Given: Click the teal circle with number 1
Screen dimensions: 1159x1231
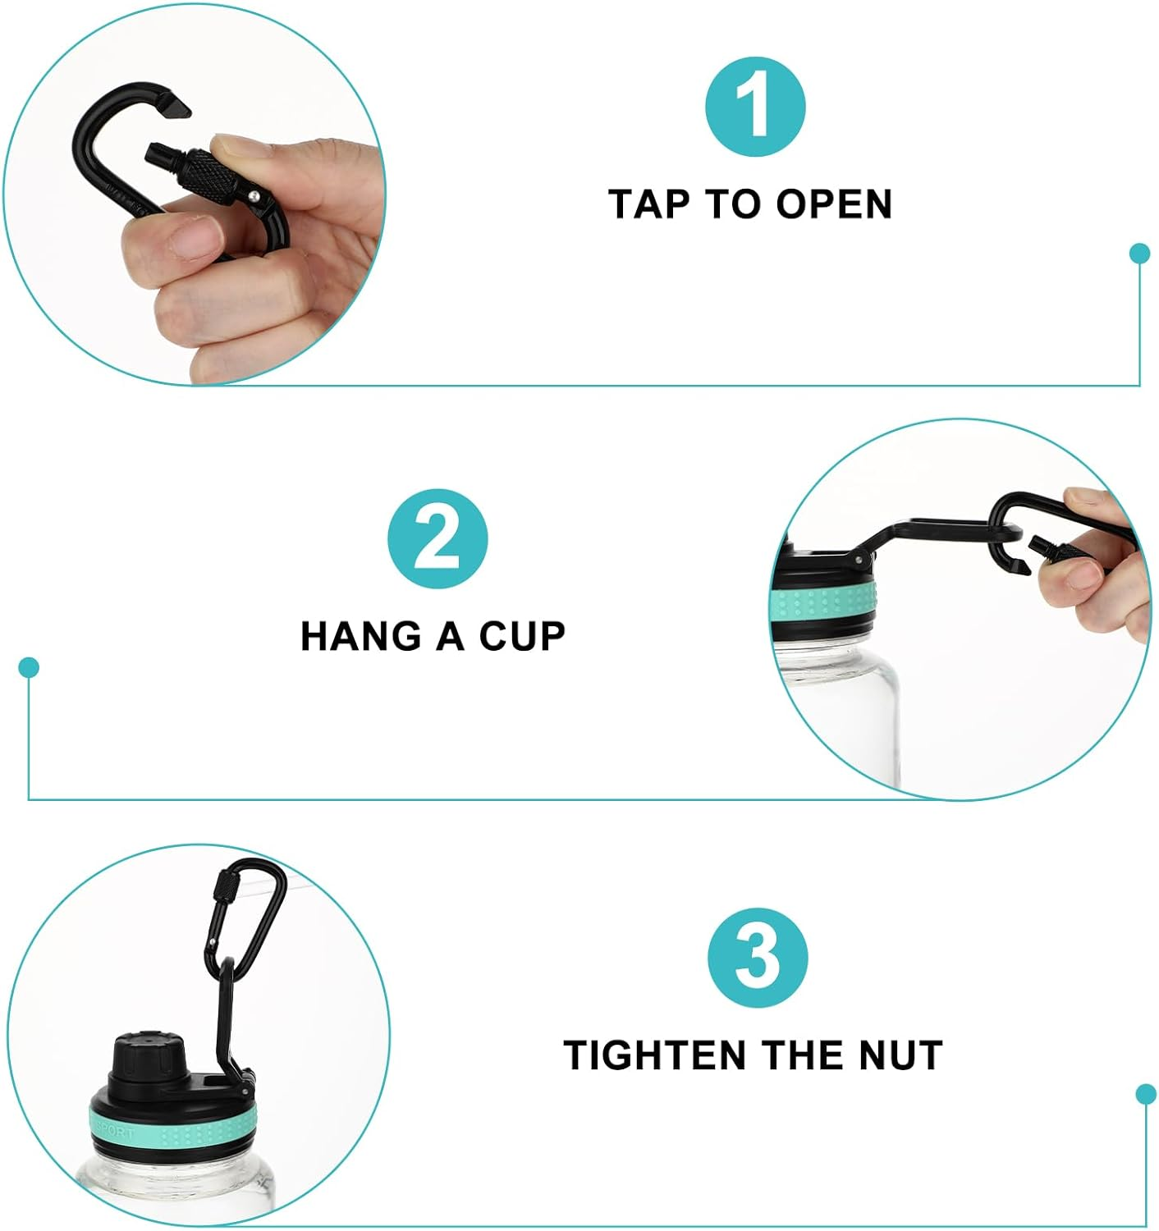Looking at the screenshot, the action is coord(754,107).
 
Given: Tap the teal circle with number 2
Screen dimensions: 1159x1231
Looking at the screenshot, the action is coord(437,538).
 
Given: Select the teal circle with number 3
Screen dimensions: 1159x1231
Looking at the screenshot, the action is coord(757,959).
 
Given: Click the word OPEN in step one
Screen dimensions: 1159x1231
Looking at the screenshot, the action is coord(834,204).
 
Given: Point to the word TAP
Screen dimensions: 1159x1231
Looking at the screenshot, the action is coord(648,204).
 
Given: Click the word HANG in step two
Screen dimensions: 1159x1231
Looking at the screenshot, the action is coord(361,636).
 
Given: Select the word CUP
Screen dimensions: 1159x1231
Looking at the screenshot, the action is coord(522,636).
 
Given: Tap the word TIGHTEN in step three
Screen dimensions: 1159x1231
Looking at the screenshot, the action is coord(655,1055).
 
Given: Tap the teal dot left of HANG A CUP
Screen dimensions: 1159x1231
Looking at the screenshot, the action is coord(30,667).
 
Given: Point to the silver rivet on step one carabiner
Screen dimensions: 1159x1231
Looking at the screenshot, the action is coord(255,196).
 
